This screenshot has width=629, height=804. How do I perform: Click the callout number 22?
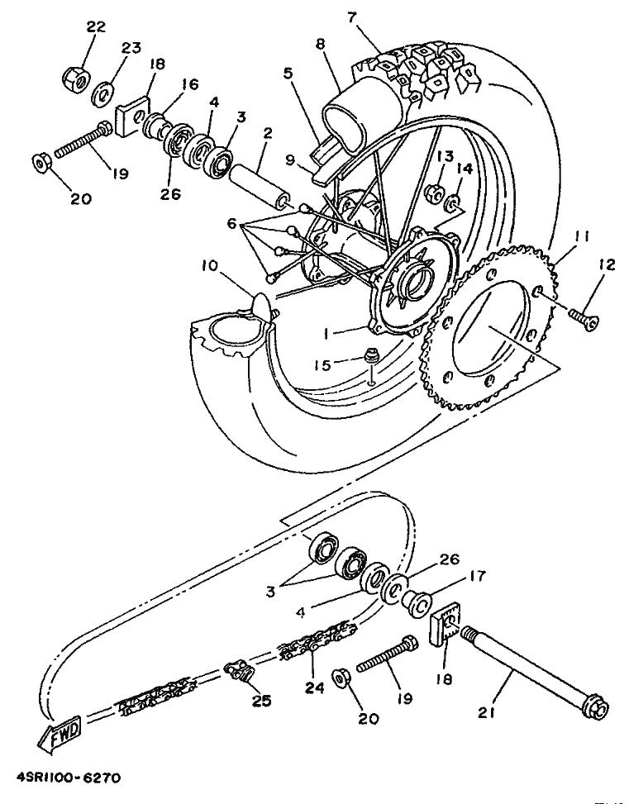(96, 27)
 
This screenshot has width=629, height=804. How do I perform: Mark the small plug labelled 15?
(371, 359)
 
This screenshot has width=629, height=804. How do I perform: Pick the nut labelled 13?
(434, 195)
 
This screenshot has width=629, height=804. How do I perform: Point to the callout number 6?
(231, 224)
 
